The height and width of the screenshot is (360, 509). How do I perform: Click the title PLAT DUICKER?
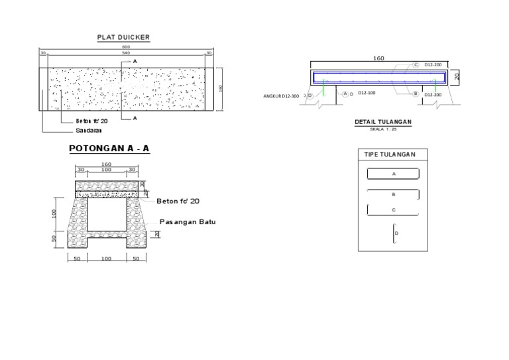click(x=123, y=38)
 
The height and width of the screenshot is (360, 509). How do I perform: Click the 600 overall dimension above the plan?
click(x=126, y=47)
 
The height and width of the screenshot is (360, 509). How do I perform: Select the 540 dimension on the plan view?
click(x=126, y=53)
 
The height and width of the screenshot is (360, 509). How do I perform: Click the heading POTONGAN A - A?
click(x=109, y=149)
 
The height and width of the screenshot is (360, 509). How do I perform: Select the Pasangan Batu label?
click(x=188, y=222)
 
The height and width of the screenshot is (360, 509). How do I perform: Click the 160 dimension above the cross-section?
click(x=106, y=164)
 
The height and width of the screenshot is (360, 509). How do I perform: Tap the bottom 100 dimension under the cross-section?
click(x=106, y=259)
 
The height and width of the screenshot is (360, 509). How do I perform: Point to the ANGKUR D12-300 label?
click(x=281, y=96)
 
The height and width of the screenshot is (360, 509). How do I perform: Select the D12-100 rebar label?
click(x=367, y=93)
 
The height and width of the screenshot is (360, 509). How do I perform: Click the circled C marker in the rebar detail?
click(x=416, y=65)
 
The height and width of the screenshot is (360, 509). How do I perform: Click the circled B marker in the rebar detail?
click(x=416, y=94)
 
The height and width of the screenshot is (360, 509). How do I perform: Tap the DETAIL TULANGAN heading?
click(x=384, y=122)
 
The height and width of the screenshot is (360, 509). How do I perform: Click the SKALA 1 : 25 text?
click(x=384, y=129)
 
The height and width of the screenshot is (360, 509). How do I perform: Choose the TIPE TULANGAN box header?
click(x=390, y=154)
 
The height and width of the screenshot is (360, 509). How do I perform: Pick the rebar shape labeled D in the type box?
click(x=394, y=233)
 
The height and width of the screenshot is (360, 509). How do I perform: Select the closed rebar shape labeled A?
click(x=393, y=174)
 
